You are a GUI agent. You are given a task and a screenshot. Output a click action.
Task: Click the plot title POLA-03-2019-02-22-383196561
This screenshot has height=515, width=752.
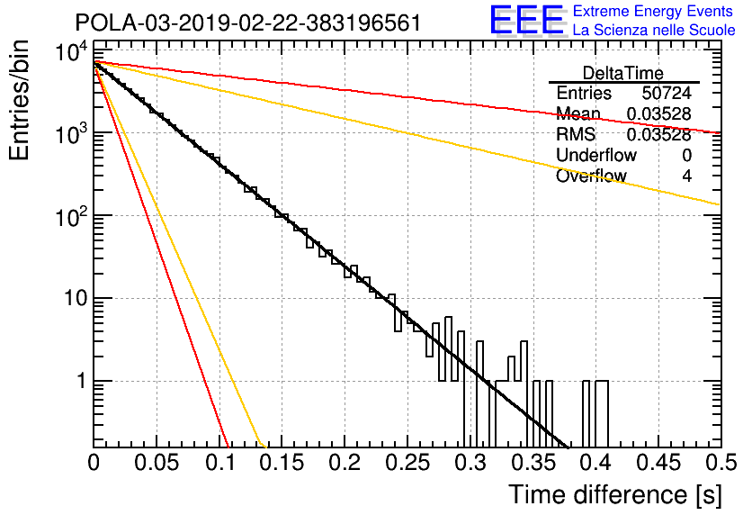(248, 23)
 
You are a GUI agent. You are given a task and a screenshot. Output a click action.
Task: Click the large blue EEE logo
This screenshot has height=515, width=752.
(526, 20)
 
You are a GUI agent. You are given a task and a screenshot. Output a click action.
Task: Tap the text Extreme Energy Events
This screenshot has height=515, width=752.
(653, 11)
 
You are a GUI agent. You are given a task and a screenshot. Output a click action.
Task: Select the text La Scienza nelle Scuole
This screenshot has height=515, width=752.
(654, 30)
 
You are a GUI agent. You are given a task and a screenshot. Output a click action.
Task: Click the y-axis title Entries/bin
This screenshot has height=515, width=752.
(20, 101)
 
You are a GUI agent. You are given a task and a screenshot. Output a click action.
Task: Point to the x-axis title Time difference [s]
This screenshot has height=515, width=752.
(615, 494)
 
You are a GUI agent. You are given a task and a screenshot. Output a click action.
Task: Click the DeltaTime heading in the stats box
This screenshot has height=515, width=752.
(623, 73)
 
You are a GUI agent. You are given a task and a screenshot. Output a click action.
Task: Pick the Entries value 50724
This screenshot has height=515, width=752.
(667, 93)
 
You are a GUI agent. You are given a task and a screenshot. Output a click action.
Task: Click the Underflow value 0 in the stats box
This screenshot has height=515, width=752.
(686, 155)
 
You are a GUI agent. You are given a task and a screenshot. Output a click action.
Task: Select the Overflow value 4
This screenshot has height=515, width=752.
(686, 176)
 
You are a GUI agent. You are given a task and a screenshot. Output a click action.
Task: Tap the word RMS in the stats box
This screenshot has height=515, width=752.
(576, 134)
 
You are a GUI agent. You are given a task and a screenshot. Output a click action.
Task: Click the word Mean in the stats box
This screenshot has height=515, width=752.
(578, 113)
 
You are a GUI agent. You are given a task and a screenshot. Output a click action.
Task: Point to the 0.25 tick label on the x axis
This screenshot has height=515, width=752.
(407, 463)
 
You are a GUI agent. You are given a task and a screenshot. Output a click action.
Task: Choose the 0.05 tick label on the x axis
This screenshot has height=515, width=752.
(157, 463)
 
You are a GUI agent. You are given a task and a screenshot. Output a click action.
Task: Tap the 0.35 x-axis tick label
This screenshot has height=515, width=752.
(533, 463)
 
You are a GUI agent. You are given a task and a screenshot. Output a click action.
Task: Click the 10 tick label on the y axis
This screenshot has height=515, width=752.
(76, 299)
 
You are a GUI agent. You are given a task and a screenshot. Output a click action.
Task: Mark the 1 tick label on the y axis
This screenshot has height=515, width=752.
(81, 382)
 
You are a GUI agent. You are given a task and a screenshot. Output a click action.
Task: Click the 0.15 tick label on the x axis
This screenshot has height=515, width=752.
(282, 463)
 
